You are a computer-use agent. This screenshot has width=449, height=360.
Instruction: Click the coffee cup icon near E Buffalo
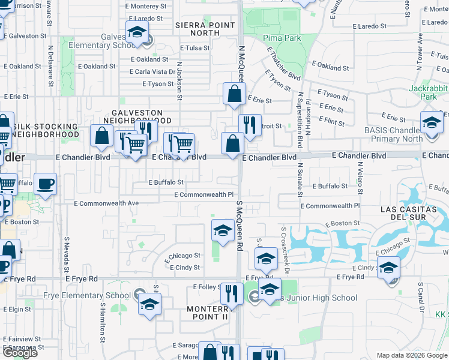(x=45, y=184)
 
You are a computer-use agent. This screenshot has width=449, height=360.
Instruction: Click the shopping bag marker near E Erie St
(x=234, y=94)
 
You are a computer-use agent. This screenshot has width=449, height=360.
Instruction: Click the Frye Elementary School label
(x=87, y=296)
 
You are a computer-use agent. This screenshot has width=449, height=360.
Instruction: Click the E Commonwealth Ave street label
(x=106, y=203)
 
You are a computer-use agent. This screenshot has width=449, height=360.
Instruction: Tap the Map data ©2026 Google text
(x=412, y=355)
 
